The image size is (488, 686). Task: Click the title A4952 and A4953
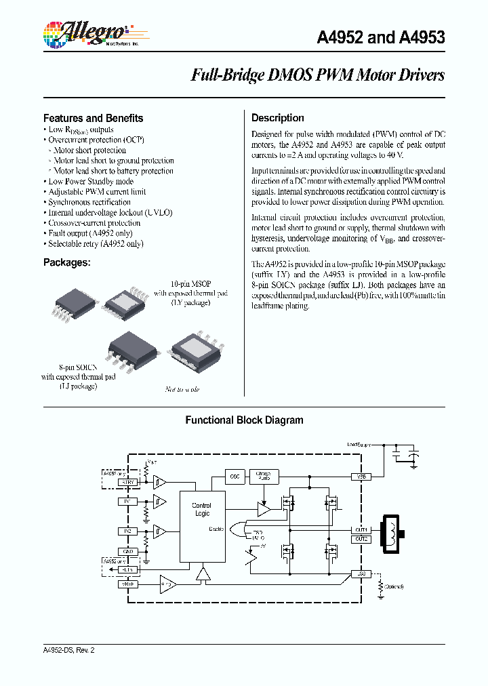(381, 37)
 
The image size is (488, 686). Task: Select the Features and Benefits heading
(93, 118)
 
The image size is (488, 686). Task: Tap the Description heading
(278, 118)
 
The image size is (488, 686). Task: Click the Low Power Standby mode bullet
(91, 181)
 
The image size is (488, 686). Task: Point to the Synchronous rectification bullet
(89, 202)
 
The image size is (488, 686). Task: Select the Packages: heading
(66, 262)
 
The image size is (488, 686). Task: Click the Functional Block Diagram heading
(244, 420)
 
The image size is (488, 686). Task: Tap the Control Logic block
(201, 510)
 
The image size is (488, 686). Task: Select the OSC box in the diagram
(235, 477)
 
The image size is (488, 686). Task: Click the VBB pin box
(361, 477)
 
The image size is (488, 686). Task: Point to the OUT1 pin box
(361, 529)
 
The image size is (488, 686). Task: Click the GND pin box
(127, 551)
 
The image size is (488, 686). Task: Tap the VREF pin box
(127, 583)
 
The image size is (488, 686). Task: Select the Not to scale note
(182, 389)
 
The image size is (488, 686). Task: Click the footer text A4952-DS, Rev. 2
(68, 650)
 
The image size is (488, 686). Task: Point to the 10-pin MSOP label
(181, 283)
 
